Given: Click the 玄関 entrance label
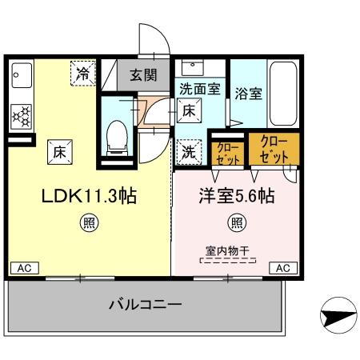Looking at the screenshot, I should [x=144, y=76].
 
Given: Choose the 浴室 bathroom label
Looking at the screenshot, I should [x=247, y=92].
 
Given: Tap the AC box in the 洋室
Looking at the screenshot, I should [x=283, y=268].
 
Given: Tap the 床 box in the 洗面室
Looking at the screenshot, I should [x=189, y=111].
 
